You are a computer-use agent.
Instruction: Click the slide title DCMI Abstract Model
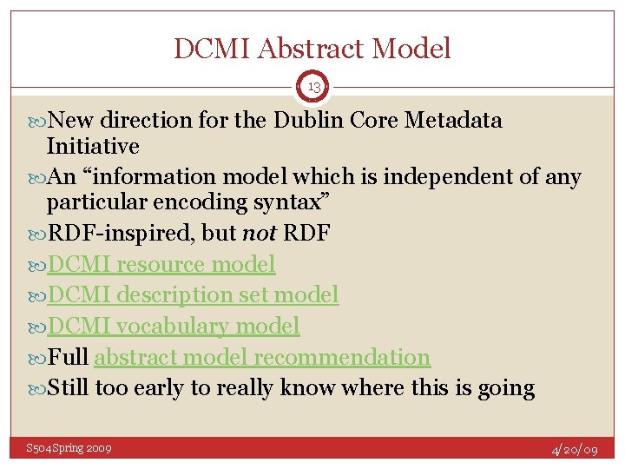312,49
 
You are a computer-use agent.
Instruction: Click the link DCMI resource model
161,264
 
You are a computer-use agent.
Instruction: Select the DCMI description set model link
192,295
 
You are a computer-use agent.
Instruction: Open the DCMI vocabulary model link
173,327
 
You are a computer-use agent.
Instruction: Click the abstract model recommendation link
261,357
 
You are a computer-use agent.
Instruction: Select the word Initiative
93,145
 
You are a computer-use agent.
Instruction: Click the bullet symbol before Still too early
37,388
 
